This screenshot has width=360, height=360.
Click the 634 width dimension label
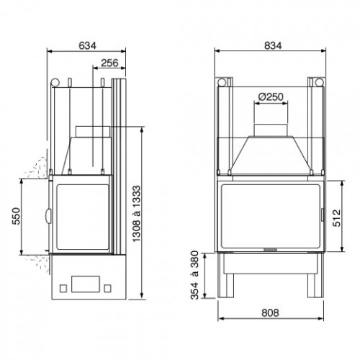(87, 45)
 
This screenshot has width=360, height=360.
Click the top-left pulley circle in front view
(223, 81)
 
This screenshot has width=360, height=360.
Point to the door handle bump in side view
(48, 214)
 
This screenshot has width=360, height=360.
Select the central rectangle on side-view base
(86, 282)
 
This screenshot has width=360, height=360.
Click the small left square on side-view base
(63, 287)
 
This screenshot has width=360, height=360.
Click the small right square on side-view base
(109, 287)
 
